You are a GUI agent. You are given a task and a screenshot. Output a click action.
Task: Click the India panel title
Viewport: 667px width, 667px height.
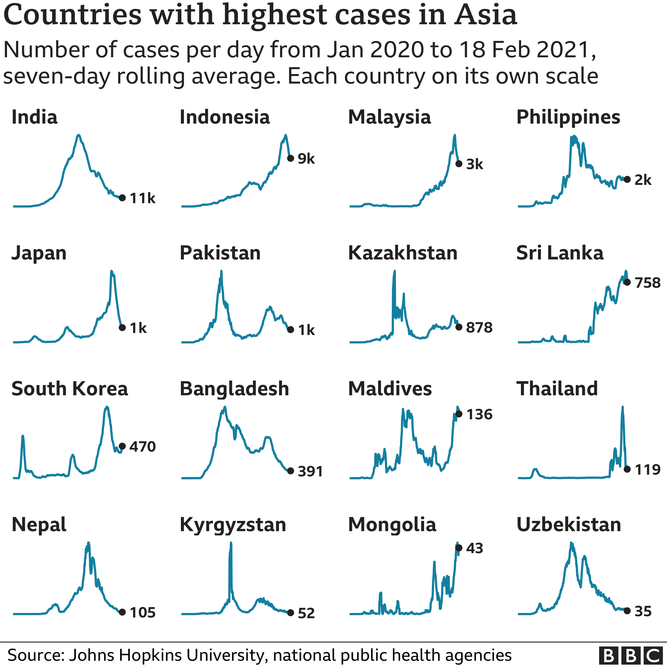point(35,117)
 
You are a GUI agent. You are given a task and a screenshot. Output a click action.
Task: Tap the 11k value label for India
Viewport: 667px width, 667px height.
point(143,198)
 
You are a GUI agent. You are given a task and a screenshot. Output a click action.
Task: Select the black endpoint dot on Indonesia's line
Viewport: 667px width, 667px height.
point(291,158)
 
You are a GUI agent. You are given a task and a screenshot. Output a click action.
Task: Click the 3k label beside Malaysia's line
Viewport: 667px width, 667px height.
point(474,164)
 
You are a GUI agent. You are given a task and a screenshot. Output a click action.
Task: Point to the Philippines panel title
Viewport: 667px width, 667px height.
point(568,117)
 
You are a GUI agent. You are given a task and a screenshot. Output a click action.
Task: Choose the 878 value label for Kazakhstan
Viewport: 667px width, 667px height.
point(479,327)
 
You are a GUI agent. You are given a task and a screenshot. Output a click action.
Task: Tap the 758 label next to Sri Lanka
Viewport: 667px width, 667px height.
point(647,283)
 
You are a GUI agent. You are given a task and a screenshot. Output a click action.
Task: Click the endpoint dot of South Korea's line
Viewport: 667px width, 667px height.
point(122,446)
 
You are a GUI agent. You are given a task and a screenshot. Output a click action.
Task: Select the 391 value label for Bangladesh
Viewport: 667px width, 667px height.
point(310,471)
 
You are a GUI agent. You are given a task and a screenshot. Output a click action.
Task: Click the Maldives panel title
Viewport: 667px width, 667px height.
point(390,389)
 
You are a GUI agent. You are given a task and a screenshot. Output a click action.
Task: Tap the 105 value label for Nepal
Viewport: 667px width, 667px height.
point(143,613)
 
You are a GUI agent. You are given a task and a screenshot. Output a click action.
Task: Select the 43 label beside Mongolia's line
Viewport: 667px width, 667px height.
point(474,548)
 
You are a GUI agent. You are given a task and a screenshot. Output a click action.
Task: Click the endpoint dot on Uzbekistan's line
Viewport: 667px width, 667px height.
point(627,611)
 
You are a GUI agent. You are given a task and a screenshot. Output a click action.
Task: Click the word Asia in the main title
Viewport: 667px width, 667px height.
point(485,16)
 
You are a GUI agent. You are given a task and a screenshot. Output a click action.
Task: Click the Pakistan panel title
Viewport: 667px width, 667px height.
point(220,253)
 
